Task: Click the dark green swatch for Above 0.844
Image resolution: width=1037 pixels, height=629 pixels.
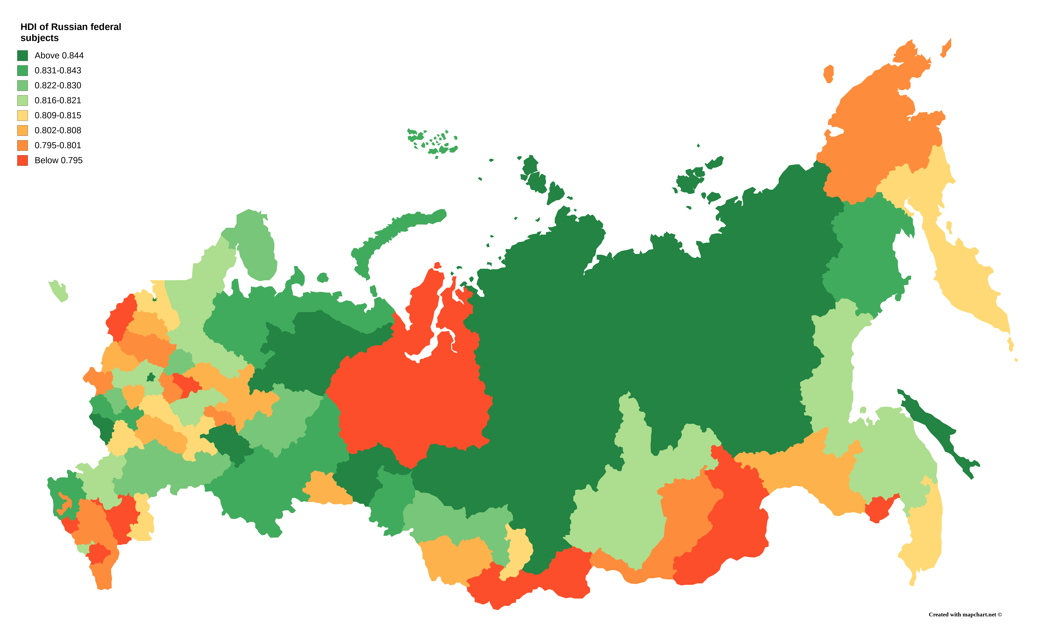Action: [x=22, y=55]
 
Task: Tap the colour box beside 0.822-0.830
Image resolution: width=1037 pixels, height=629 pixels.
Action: [x=22, y=85]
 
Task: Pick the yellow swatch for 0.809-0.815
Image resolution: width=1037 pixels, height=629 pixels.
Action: [x=22, y=115]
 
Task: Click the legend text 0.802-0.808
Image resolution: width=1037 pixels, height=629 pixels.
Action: [x=58, y=130]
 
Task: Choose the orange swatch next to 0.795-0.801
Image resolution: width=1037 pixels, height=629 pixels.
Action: [x=22, y=145]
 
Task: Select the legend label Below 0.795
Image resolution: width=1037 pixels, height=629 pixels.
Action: [x=59, y=160]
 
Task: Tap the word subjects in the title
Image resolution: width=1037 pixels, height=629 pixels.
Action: [x=40, y=38]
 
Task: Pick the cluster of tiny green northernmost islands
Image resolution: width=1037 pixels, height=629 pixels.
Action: [x=434, y=141]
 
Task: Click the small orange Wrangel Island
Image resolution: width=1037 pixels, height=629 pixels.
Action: [x=828, y=74]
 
